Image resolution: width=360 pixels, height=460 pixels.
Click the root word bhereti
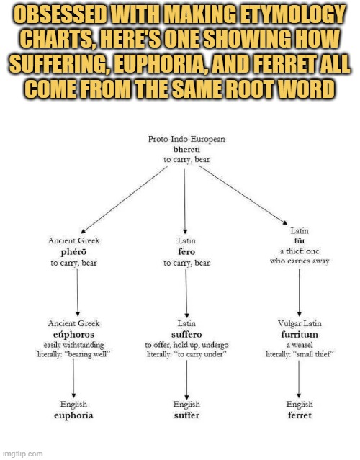click(186, 150)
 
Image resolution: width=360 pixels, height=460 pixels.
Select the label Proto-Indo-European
click(186, 139)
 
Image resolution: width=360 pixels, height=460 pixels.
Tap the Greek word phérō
click(73, 252)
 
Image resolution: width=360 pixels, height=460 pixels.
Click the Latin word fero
click(186, 252)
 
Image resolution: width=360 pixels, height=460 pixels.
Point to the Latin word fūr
click(300, 241)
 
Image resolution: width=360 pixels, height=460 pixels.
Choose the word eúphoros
click(73, 335)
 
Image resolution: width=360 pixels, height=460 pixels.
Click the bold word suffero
click(186, 335)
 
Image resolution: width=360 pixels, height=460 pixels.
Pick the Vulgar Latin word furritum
click(300, 335)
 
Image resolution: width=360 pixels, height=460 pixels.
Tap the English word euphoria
click(73, 415)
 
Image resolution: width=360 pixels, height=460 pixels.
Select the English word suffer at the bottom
click(186, 415)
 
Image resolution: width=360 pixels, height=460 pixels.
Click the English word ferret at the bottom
click(300, 415)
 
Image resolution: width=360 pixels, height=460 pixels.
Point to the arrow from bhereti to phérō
click(124, 200)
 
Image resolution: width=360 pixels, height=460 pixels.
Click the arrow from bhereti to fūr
click(243, 195)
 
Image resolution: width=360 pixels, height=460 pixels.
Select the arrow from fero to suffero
click(186, 294)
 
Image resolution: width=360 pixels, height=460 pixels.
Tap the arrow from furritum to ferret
click(299, 379)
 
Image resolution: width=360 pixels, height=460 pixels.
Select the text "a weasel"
click(300, 345)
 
